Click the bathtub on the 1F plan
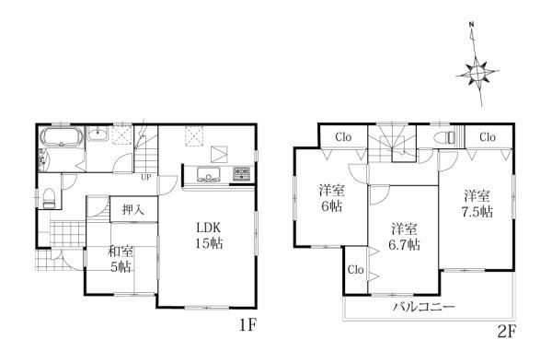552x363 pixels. point(62,137)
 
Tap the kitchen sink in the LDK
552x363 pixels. point(209,174)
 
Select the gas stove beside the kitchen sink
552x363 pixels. point(242,174)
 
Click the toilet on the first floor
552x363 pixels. point(49,198)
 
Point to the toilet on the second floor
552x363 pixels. point(445,137)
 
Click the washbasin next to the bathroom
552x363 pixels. point(98,135)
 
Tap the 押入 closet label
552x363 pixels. point(132,210)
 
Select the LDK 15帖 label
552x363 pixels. point(209,235)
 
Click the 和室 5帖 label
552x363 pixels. point(121,260)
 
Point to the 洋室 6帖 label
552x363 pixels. point(331,198)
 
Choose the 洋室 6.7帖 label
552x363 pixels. point(405,237)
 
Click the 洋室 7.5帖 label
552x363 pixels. point(477,204)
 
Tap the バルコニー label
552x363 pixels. point(424,306)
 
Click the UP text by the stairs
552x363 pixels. point(146,177)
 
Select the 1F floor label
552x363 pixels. point(247,325)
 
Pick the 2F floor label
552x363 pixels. point(507,332)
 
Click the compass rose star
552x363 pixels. point(477,74)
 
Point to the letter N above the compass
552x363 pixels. point(471,24)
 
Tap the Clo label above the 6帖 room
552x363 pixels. point(343,137)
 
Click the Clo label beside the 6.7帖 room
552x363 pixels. point(355,270)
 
